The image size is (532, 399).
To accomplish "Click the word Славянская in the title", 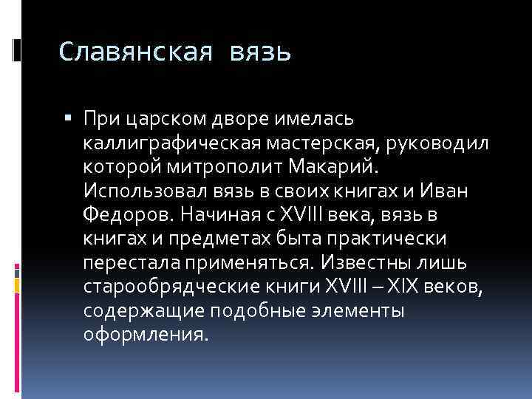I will point(136,53).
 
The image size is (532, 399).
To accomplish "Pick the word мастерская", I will point(316,143).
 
